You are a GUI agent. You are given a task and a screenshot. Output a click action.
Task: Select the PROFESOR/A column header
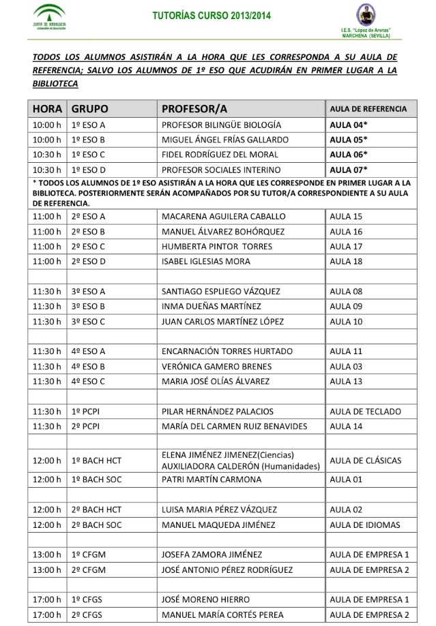point(194,109)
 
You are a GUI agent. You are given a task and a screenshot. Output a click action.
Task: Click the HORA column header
point(47,109)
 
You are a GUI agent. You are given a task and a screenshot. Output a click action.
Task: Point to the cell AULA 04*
point(349,125)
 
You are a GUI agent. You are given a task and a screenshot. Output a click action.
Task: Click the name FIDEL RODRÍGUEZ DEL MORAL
point(219,155)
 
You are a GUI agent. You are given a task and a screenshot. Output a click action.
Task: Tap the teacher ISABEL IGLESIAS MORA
point(205,262)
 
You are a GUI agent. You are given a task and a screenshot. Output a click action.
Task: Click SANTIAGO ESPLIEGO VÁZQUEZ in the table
point(220,292)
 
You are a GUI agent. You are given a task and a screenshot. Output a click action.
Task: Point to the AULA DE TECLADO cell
point(362,411)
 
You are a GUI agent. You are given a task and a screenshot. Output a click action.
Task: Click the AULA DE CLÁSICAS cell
point(365,460)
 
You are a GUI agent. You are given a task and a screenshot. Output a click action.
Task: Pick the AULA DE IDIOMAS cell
point(362,525)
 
